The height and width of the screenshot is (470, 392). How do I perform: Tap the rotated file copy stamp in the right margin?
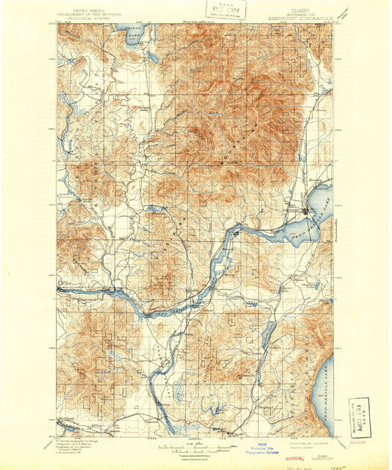[361, 416]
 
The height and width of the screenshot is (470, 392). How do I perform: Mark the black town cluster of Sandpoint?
[305, 212]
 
